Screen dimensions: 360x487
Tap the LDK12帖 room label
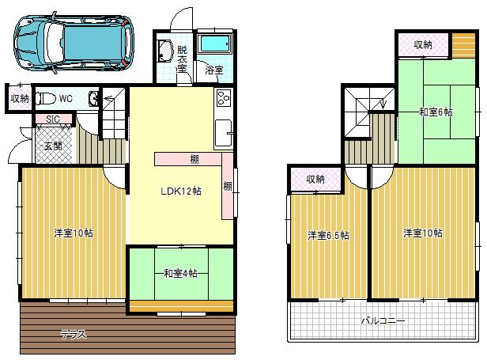(x=179, y=191)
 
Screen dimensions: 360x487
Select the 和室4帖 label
(x=180, y=274)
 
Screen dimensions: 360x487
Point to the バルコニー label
(x=383, y=322)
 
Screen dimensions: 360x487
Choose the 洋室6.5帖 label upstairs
(x=328, y=235)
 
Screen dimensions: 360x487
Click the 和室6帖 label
(x=436, y=112)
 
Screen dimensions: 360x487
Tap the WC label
(x=66, y=100)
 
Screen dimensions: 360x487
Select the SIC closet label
(x=53, y=119)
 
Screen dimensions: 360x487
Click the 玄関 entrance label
(x=53, y=146)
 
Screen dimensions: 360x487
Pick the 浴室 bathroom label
(x=214, y=70)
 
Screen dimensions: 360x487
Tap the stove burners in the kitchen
(x=222, y=100)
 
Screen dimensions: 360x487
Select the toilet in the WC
(x=46, y=100)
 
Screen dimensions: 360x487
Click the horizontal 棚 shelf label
(x=194, y=160)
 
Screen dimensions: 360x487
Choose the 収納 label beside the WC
(x=20, y=99)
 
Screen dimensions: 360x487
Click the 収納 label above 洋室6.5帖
(x=315, y=180)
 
